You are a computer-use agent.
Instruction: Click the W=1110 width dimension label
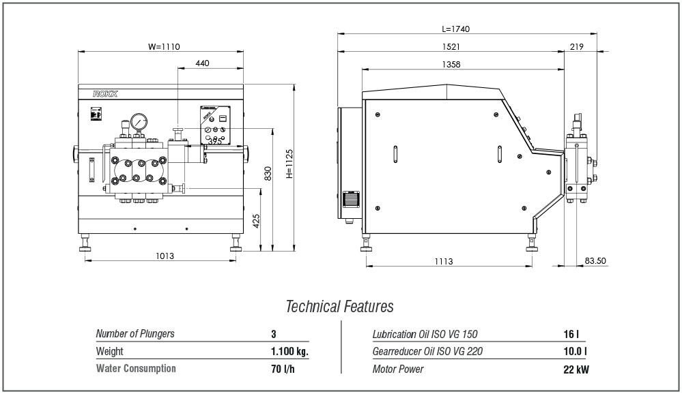pos(164,46)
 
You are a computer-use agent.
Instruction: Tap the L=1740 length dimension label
pos(456,29)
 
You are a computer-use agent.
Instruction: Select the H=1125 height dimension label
pos(289,164)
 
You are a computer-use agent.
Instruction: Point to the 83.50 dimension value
pos(595,261)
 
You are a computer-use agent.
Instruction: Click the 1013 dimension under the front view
pos(165,256)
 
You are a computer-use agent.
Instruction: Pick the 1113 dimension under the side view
pos(444,261)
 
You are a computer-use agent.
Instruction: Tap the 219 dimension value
pos(577,46)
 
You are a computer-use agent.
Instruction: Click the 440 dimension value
pos(202,63)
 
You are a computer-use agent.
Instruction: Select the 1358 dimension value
pos(451,64)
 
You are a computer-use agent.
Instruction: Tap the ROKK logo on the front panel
pos(105,94)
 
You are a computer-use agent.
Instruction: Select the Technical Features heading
pos(340,306)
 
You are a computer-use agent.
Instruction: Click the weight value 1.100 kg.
pos(289,352)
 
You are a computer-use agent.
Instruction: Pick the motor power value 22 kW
pos(576,369)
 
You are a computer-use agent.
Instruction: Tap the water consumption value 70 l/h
pos(283,369)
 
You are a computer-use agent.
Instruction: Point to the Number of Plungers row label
pos(135,333)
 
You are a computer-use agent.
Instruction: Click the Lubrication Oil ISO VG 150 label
pos(425,334)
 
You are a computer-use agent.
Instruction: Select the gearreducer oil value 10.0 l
pos(575,352)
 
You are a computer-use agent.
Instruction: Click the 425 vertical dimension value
pos(256,221)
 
